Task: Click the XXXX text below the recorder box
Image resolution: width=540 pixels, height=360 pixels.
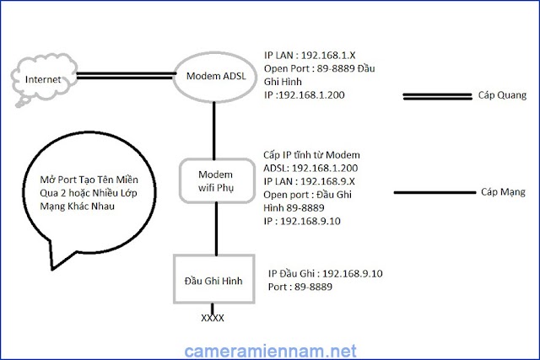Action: coord(212,320)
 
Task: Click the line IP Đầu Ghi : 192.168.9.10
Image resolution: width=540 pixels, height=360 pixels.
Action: coord(326,273)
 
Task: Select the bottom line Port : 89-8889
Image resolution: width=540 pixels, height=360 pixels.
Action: coord(300,287)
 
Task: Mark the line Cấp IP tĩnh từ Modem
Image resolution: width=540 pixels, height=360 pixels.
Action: coord(312,155)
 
